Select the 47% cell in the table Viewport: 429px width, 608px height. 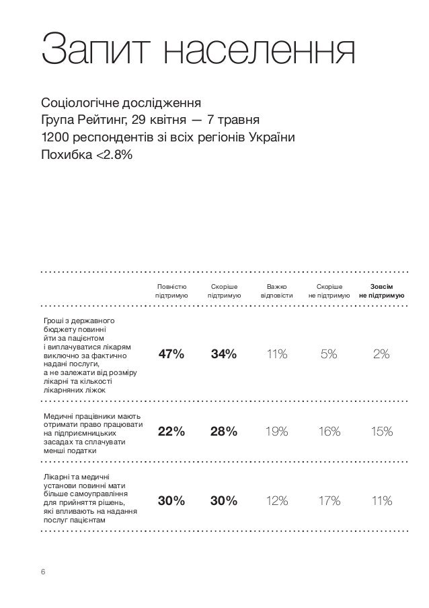[171, 355]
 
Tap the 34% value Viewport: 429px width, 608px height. [223, 355]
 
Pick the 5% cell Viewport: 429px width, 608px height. [329, 355]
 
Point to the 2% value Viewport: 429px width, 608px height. [381, 355]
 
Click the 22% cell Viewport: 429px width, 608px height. [171, 432]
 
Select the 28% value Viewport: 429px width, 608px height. [223, 432]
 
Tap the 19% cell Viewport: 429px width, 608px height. [276, 432]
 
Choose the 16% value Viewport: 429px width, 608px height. [329, 432]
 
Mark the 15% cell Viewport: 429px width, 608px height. [381, 432]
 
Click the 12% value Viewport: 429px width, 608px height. [276, 500]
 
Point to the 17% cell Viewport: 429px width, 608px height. [329, 500]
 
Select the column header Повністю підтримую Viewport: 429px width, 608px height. [171, 291]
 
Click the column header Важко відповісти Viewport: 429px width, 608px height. [276, 291]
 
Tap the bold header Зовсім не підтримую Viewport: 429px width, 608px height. [381, 291]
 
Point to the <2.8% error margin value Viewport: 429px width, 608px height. [115, 156]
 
